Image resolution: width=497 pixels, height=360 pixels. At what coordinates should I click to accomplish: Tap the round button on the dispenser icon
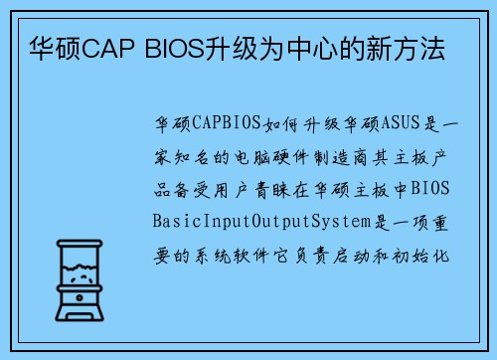pyautogui.click(x=77, y=296)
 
